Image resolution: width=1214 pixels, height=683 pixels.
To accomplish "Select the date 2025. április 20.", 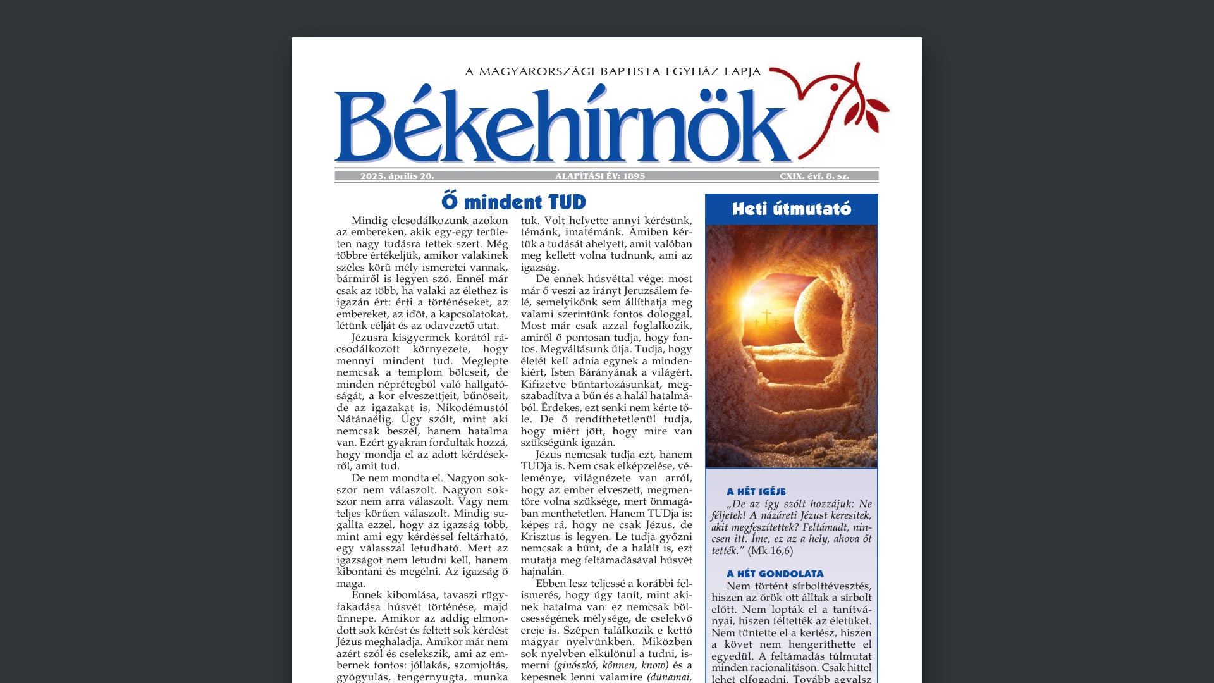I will pyautogui.click(x=397, y=176).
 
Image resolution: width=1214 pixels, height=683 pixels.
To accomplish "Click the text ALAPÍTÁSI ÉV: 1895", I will pyautogui.click(x=600, y=176).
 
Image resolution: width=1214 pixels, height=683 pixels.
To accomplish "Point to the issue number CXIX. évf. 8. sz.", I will pyautogui.click(x=814, y=176).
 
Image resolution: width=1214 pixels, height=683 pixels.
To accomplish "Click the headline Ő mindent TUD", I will pyautogui.click(x=513, y=202).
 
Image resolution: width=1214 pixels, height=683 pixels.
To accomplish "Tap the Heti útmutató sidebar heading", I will pyautogui.click(x=791, y=209).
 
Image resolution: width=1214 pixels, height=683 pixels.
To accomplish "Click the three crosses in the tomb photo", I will pyautogui.click(x=767, y=317).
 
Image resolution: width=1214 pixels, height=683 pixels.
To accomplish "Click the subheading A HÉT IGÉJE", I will pyautogui.click(x=756, y=491).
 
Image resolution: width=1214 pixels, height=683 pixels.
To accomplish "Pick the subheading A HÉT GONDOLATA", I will pyautogui.click(x=775, y=574).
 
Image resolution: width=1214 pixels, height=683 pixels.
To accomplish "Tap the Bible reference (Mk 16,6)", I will pyautogui.click(x=770, y=551).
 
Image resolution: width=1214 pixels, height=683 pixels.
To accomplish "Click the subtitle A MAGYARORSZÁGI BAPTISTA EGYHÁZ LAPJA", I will pyautogui.click(x=613, y=71).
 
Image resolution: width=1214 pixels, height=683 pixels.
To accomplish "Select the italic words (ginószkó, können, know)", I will pyautogui.click(x=611, y=665).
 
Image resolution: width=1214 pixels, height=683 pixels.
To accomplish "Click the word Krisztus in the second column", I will pyautogui.click(x=541, y=537).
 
